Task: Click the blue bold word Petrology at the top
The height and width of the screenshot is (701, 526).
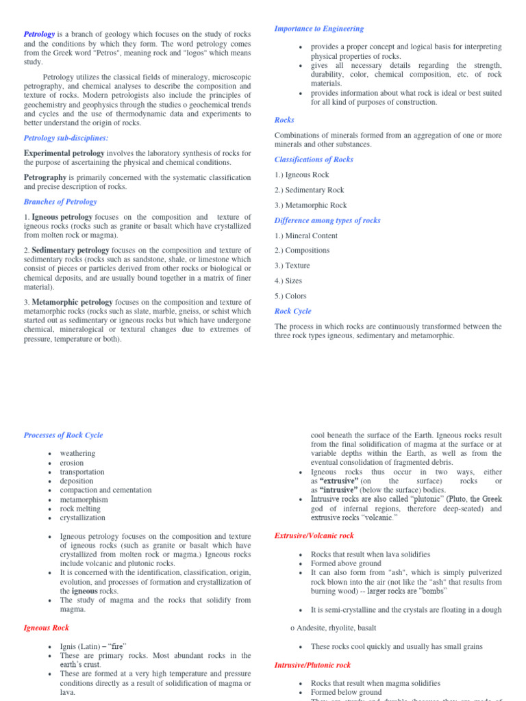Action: (39, 34)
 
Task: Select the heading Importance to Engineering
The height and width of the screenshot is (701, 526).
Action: (318, 29)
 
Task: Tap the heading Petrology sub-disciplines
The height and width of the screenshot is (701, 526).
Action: (66, 138)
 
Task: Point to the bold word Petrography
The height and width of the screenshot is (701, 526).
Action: (45, 177)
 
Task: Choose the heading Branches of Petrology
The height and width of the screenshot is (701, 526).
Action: (60, 202)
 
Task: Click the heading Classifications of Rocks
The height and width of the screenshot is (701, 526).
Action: (314, 160)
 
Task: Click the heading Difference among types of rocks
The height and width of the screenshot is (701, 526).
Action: (327, 220)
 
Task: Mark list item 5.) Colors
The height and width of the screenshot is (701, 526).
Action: (290, 296)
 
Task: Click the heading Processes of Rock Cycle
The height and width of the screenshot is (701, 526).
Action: (63, 435)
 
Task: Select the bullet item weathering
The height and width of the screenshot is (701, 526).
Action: (77, 453)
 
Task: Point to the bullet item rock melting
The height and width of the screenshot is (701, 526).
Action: (81, 509)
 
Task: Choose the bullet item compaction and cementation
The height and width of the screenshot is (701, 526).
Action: (105, 490)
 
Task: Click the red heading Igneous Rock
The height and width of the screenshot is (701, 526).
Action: (46, 627)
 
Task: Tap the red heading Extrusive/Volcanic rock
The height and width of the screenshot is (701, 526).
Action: (314, 535)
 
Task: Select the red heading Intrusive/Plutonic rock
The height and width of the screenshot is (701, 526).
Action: (312, 665)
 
